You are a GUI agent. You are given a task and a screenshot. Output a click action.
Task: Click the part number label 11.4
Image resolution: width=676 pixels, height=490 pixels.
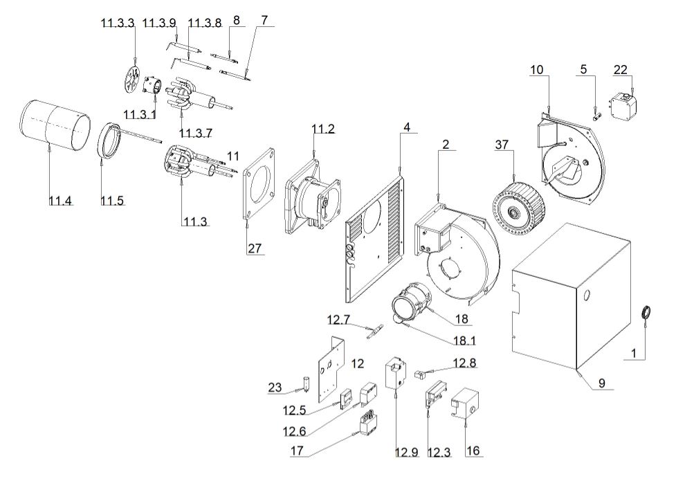(x=61, y=201)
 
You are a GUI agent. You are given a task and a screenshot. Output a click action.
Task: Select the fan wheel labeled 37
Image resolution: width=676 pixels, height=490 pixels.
(x=518, y=202)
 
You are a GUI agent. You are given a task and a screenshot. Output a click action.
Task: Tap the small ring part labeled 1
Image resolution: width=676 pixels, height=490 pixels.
(x=648, y=314)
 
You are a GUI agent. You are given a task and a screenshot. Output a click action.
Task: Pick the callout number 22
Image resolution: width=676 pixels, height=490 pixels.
(x=620, y=69)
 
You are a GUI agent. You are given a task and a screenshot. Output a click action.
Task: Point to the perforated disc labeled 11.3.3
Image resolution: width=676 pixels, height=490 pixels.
(x=130, y=82)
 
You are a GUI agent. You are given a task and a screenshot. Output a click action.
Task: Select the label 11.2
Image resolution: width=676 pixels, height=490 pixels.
(x=322, y=129)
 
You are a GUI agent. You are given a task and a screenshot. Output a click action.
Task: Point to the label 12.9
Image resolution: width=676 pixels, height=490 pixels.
(x=406, y=453)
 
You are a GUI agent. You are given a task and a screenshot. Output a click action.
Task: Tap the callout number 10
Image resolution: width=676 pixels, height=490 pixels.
(x=537, y=69)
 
